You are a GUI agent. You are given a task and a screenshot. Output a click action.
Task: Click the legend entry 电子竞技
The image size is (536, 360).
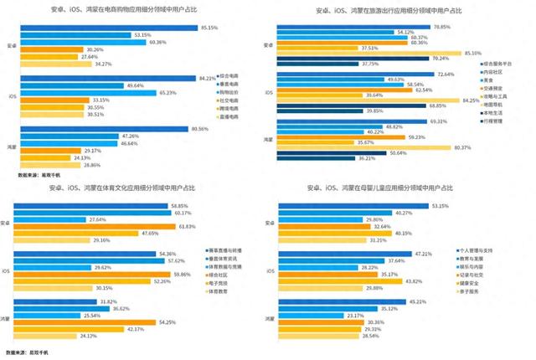tap(224, 283)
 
